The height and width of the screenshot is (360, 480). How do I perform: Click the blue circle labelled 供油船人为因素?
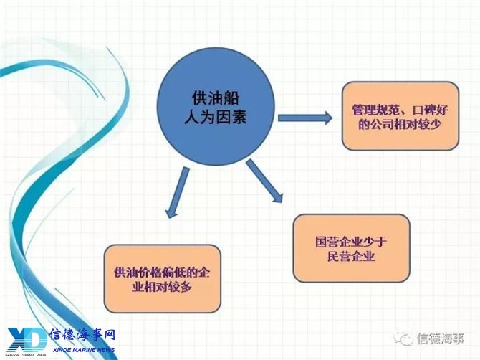(216, 107)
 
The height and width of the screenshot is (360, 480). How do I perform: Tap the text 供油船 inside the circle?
(216, 98)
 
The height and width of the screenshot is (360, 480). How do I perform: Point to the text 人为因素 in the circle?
(216, 117)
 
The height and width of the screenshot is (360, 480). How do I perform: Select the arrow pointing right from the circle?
(305, 118)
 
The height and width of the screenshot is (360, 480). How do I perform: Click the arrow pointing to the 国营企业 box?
(264, 181)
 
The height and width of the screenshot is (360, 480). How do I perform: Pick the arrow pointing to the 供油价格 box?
(178, 192)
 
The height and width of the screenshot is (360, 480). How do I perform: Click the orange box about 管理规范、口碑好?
(400, 115)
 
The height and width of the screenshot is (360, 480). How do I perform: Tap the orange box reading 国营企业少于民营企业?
(352, 248)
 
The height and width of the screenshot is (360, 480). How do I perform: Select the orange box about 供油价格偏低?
(162, 279)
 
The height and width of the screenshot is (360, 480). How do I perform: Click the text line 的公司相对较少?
(400, 124)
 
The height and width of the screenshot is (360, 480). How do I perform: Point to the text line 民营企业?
(352, 256)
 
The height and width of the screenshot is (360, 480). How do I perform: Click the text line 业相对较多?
(162, 287)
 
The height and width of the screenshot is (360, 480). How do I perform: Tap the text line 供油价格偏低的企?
(162, 272)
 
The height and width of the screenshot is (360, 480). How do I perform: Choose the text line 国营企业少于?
(351, 242)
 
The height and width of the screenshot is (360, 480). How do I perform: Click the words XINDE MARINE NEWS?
(84, 350)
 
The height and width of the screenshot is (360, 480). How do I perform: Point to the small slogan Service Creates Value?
(25, 356)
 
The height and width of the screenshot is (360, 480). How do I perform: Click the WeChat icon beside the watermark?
(403, 339)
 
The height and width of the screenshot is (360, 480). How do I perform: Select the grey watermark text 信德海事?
(440, 339)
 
